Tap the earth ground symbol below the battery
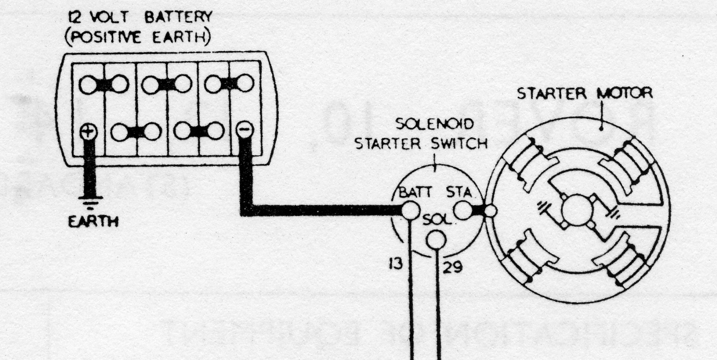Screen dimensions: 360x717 91,201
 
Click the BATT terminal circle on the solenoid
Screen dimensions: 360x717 410,210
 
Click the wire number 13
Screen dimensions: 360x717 396,264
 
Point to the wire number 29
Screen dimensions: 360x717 453,266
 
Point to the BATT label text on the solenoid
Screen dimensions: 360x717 415,193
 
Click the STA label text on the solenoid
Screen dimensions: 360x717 459,193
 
